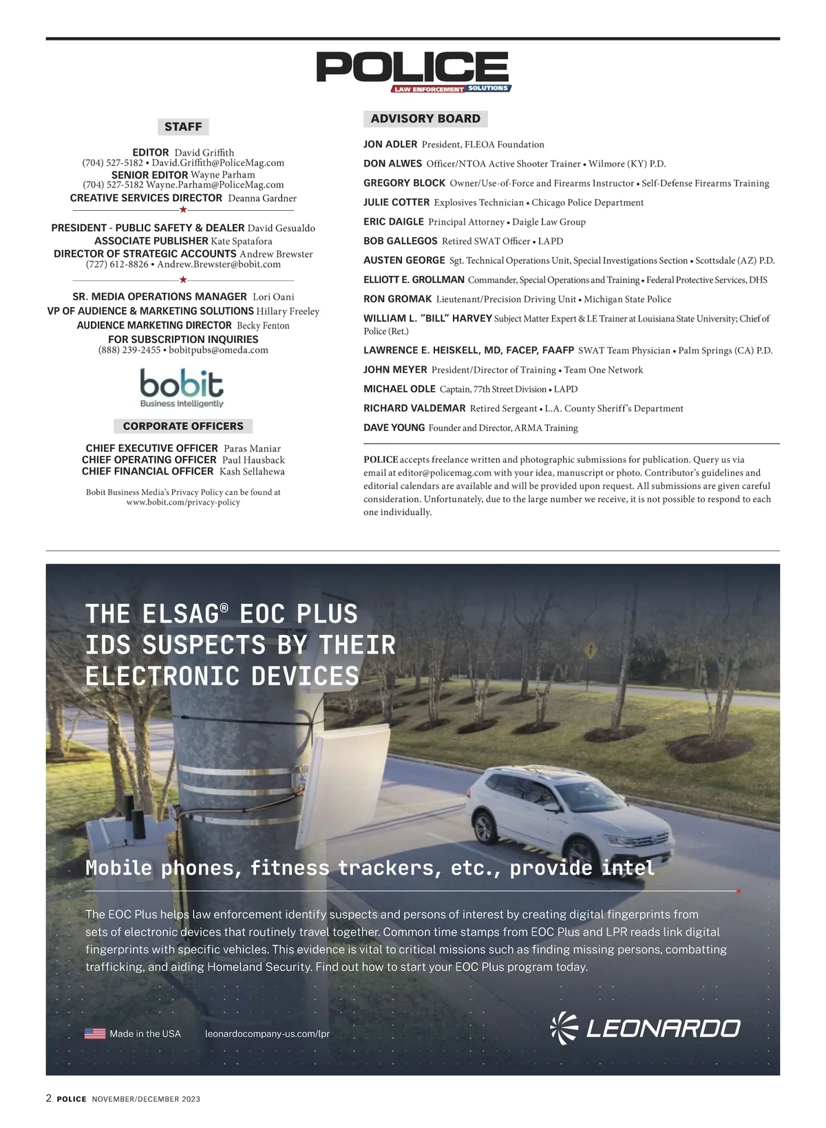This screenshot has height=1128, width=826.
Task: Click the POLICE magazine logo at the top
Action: pyautogui.click(x=413, y=71)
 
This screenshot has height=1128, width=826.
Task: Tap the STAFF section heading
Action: pyautogui.click(x=183, y=127)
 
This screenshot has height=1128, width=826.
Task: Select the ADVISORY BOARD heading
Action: pyautogui.click(x=425, y=118)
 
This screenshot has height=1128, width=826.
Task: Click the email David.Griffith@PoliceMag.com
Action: pyautogui.click(x=218, y=163)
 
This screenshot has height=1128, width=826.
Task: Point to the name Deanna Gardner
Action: pyautogui.click(x=262, y=198)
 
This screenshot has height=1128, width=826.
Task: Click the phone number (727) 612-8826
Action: pyautogui.click(x=117, y=264)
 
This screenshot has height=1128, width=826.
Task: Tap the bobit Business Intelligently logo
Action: pyautogui.click(x=182, y=388)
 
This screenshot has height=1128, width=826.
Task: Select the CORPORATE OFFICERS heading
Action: pyautogui.click(x=183, y=426)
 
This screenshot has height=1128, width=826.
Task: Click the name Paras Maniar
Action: pyautogui.click(x=252, y=449)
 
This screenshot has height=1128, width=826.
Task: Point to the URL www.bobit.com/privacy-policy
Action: pyautogui.click(x=183, y=503)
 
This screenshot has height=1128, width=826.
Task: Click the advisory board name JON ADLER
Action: pyautogui.click(x=390, y=145)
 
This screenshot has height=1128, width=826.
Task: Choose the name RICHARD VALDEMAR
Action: pyautogui.click(x=414, y=408)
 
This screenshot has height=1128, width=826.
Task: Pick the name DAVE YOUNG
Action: pyautogui.click(x=394, y=428)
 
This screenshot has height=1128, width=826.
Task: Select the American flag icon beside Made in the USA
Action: pyautogui.click(x=95, y=1034)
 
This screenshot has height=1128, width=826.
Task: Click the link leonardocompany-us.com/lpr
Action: pyautogui.click(x=268, y=1034)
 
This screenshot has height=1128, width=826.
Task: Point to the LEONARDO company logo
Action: pyautogui.click(x=645, y=1028)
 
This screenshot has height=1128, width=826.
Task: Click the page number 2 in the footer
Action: pyautogui.click(x=49, y=1098)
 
